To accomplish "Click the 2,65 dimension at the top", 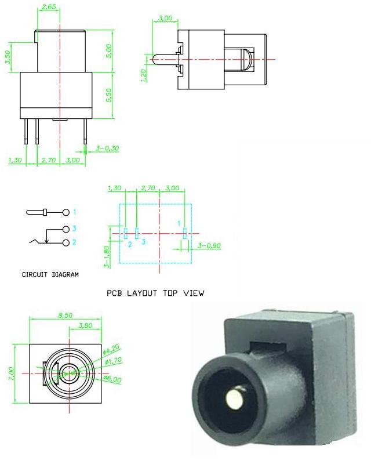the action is [x=49, y=6].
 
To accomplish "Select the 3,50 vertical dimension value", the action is [x=8, y=57].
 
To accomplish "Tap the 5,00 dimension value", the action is [x=109, y=51].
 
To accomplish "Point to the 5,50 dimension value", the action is [x=109, y=95].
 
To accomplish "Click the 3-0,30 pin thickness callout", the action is [x=107, y=148].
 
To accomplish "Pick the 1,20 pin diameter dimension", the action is [x=144, y=75].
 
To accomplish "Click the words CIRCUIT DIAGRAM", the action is [x=50, y=274].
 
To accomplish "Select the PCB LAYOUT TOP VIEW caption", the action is [x=155, y=293].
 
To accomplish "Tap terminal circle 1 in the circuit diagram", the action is [x=66, y=212].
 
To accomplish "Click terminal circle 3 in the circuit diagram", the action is [x=66, y=229].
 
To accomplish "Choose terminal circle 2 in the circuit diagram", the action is [x=66, y=242].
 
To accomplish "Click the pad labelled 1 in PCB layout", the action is [x=185, y=233].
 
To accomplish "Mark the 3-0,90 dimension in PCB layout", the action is [x=209, y=245].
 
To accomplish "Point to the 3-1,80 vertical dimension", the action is [x=107, y=257].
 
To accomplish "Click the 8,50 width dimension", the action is [x=66, y=316].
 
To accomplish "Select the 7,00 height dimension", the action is [x=11, y=374].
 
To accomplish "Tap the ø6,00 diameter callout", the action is [x=112, y=379].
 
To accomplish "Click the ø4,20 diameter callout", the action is [x=111, y=349].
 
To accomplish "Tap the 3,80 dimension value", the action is [x=85, y=325].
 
